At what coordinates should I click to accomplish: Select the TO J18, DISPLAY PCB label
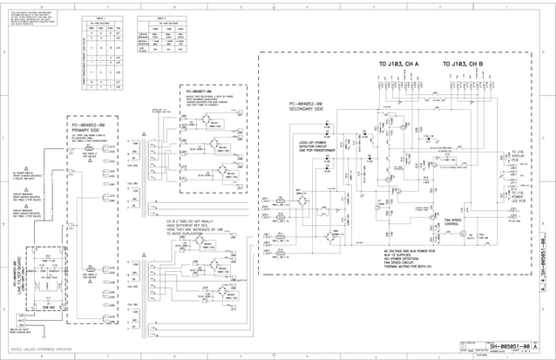coord(519,155)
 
